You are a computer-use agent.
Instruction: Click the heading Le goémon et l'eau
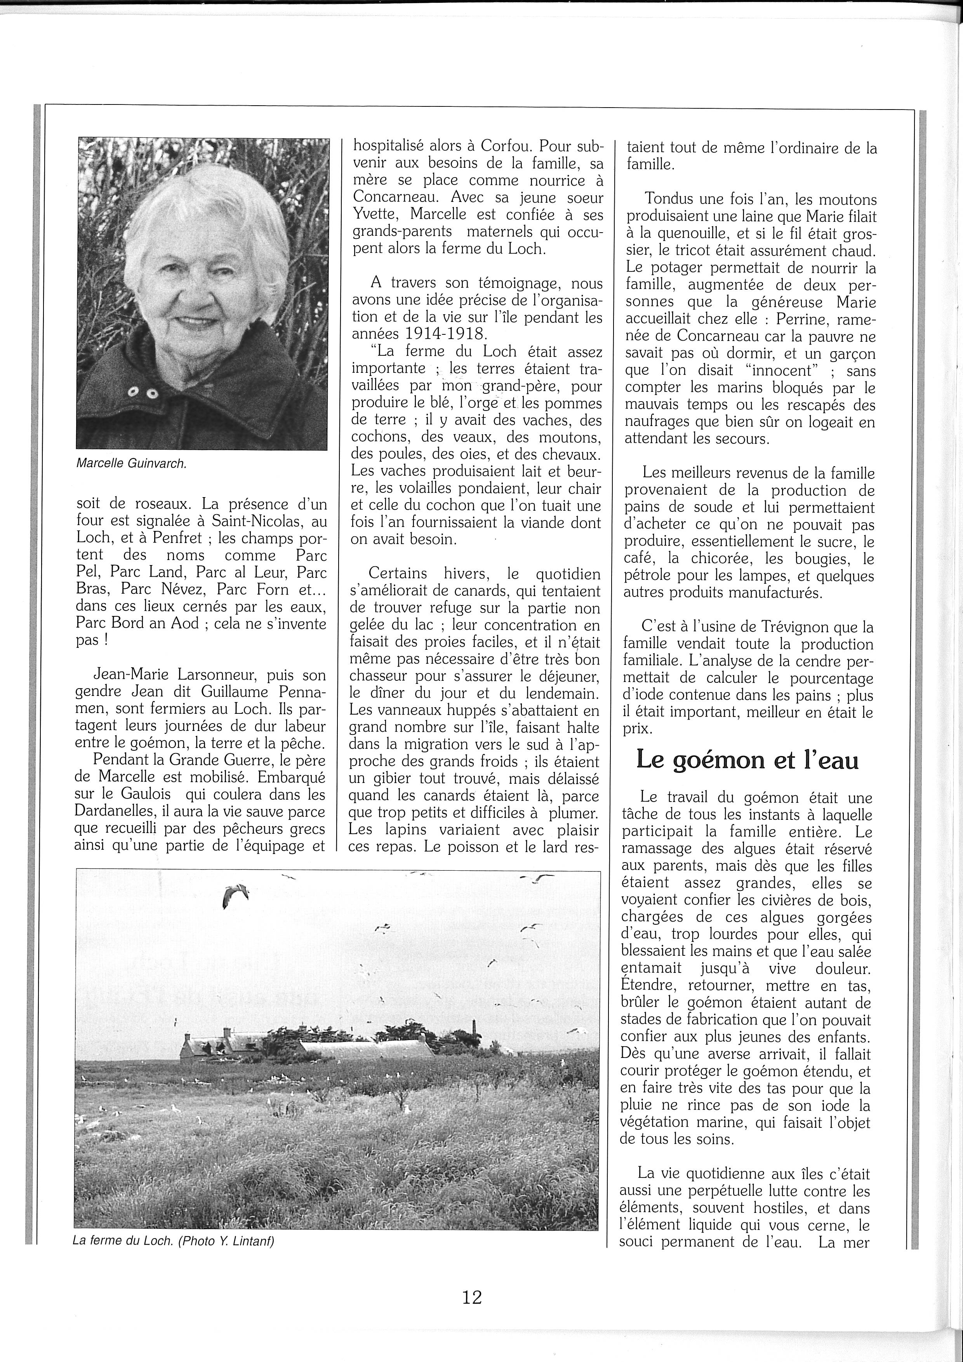(x=747, y=760)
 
